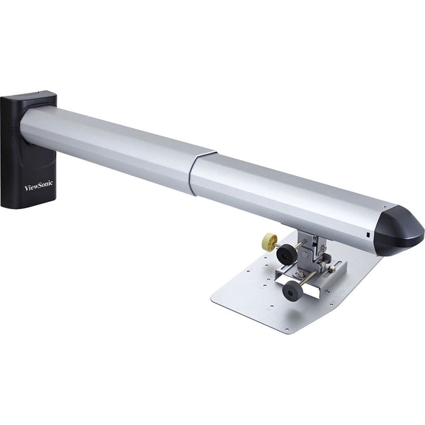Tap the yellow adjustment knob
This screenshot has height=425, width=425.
tap(269, 242)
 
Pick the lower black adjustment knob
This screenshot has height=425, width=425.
tap(292, 290)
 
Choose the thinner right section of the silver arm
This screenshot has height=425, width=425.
tap(286, 193)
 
